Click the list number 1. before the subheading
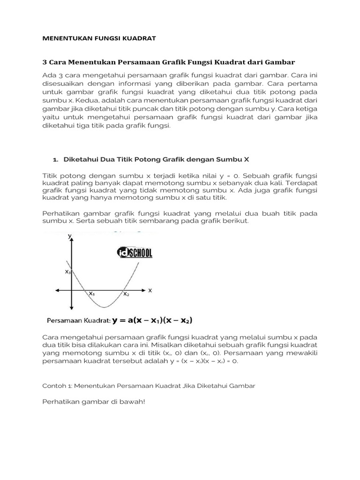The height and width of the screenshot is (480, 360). [x=56, y=160]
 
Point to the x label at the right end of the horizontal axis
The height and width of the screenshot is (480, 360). [x=150, y=290]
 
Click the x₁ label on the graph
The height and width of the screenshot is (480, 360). [x=92, y=294]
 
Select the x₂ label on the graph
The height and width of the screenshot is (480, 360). [x=126, y=294]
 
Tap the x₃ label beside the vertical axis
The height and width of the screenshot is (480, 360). [x=67, y=272]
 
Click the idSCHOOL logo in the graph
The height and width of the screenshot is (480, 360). [x=135, y=253]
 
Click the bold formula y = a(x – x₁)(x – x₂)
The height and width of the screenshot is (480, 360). [x=153, y=321]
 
